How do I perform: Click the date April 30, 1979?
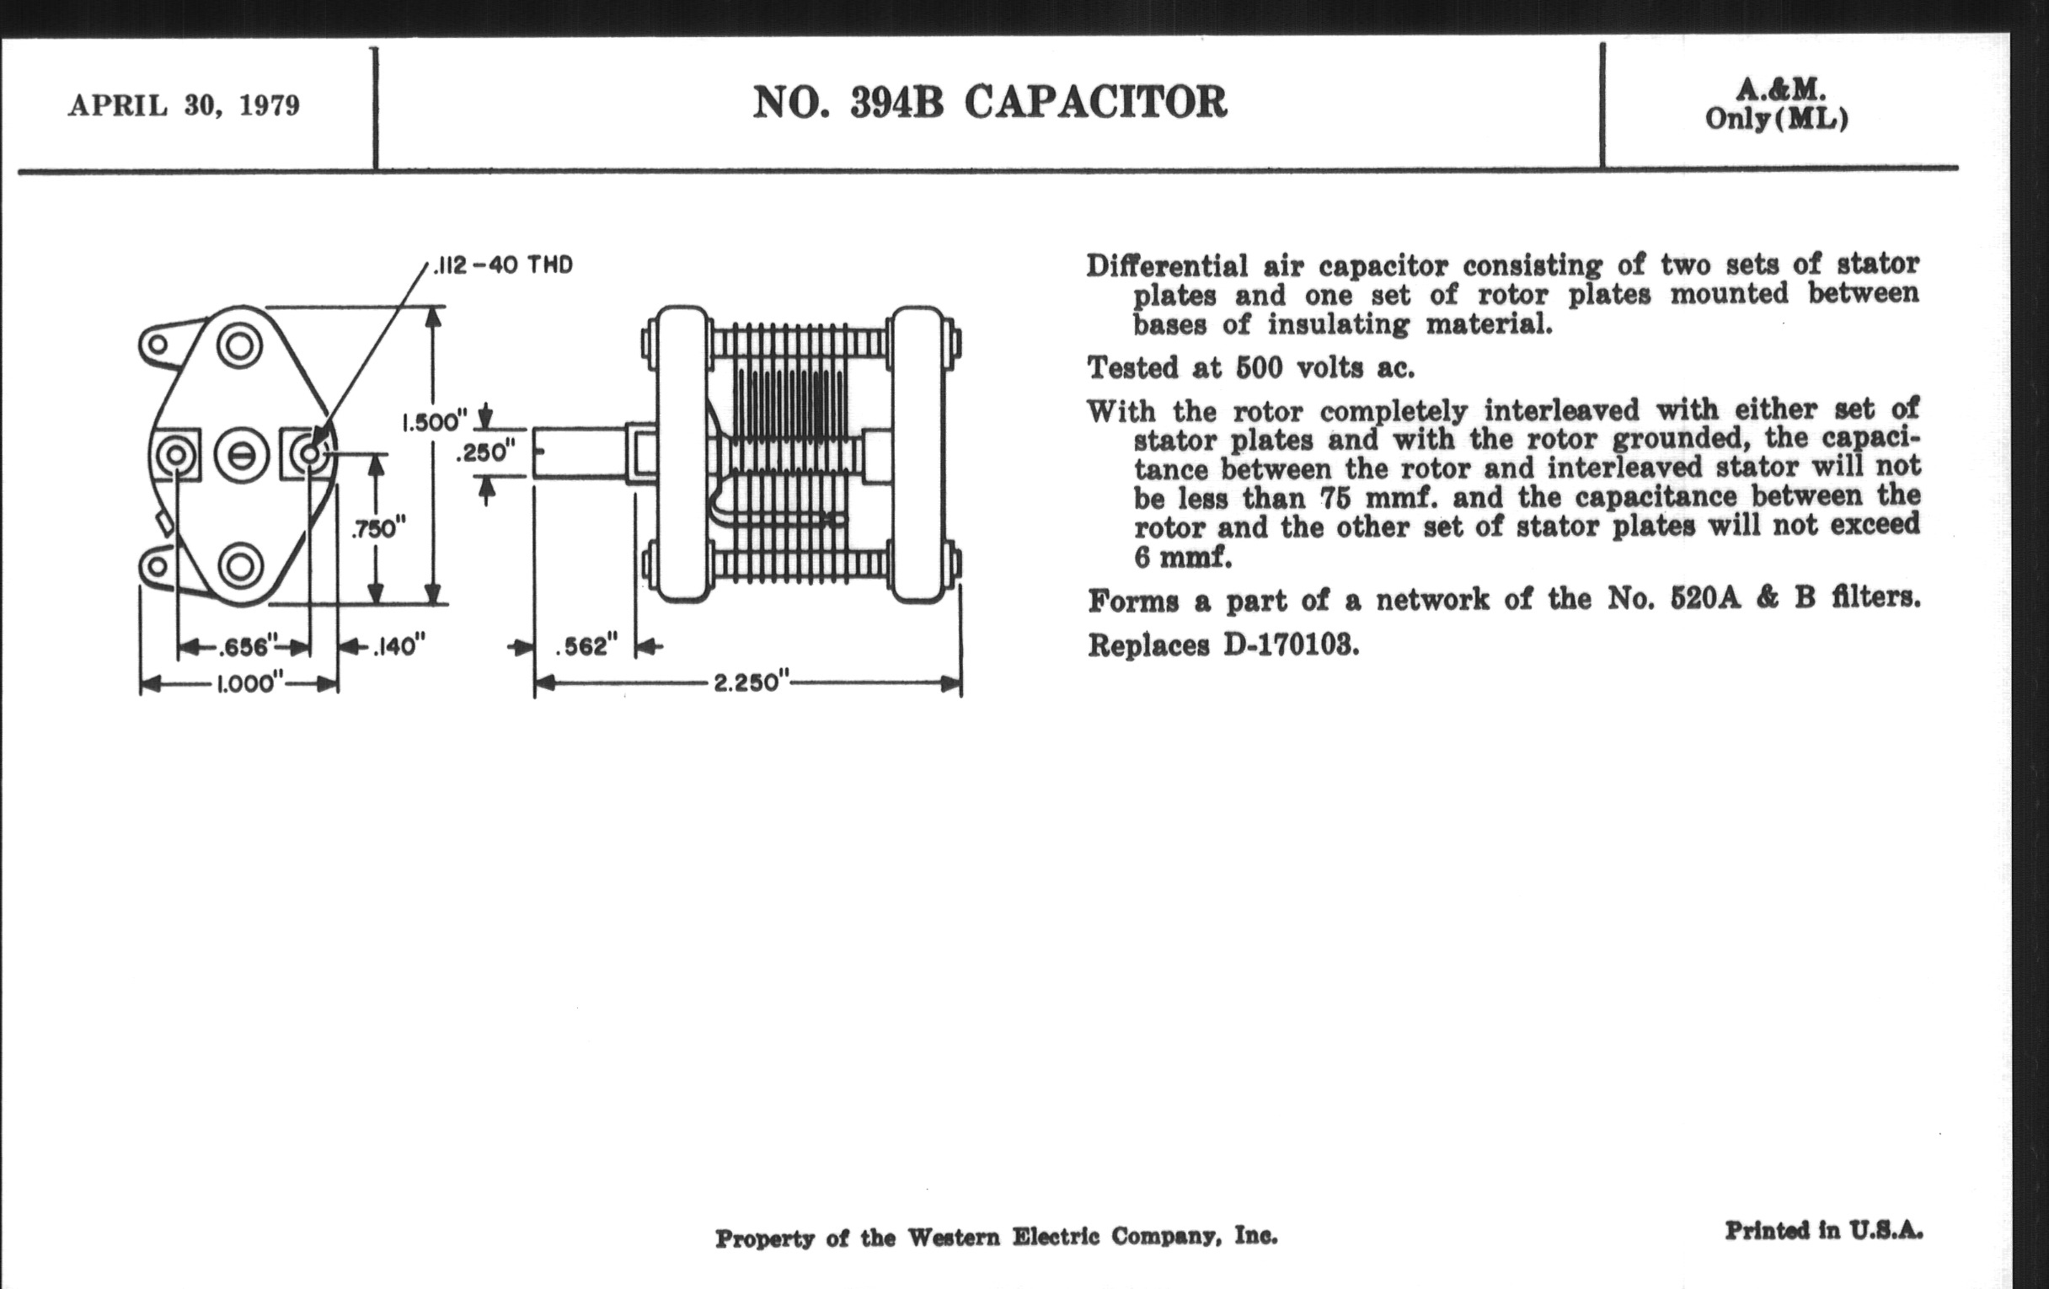tap(184, 105)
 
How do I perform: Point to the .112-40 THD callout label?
tap(503, 265)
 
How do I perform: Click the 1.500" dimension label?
tap(434, 422)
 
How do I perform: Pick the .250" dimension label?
tap(485, 452)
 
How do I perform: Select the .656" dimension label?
tap(243, 648)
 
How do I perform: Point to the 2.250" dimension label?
tap(746, 683)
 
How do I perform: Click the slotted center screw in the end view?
tap(242, 455)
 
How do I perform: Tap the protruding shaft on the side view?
tap(579, 452)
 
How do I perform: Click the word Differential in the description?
tap(1167, 266)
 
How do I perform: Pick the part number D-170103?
tap(1290, 646)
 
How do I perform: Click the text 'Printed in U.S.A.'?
tap(1823, 1230)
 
